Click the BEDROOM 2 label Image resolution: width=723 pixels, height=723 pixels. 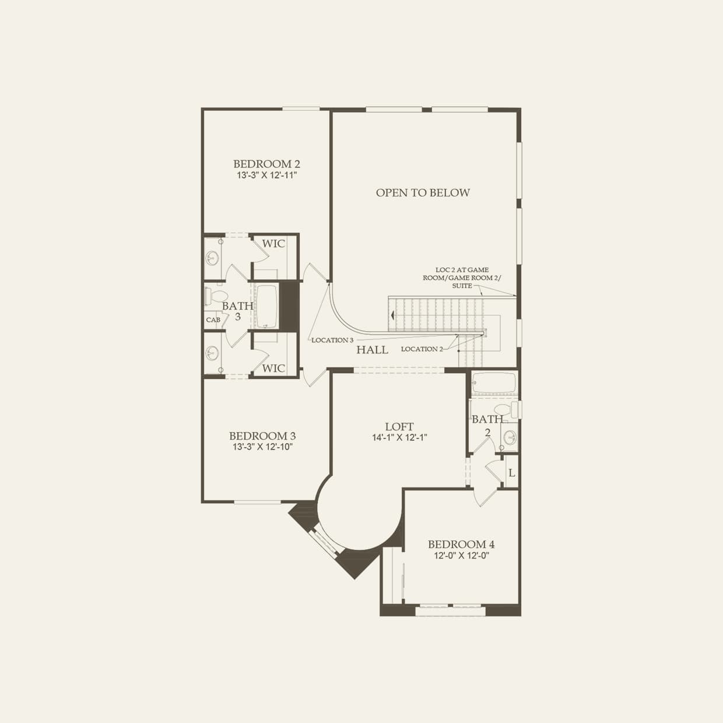pos(266,164)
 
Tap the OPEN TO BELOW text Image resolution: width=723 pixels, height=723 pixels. pos(423,192)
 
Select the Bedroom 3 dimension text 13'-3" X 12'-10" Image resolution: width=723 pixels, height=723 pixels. pos(262,447)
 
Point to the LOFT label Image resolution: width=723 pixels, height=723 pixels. pos(399,427)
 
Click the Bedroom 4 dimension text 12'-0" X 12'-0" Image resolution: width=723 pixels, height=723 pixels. pos(461,556)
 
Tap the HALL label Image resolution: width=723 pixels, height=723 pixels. pos(372,350)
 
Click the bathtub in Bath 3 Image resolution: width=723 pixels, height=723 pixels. pos(267,306)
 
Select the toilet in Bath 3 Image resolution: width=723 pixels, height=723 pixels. pos(211,296)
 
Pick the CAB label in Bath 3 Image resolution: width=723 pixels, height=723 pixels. pos(213,320)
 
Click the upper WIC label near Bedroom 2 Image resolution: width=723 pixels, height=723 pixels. pos(273,243)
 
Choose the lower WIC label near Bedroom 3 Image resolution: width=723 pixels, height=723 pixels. pos(273,368)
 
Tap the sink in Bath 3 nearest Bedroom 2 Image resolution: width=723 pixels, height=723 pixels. pos(212,257)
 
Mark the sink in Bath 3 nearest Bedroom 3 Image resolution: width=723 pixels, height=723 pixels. pos(212,353)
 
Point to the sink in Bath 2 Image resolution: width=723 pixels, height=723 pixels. pos(510,437)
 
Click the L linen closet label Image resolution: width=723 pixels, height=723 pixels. pos(511,473)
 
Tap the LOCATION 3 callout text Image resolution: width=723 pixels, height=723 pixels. pos(332,340)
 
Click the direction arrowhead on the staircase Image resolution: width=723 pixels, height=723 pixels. pos(394,315)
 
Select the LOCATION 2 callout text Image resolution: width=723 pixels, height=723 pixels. pos(422,349)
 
